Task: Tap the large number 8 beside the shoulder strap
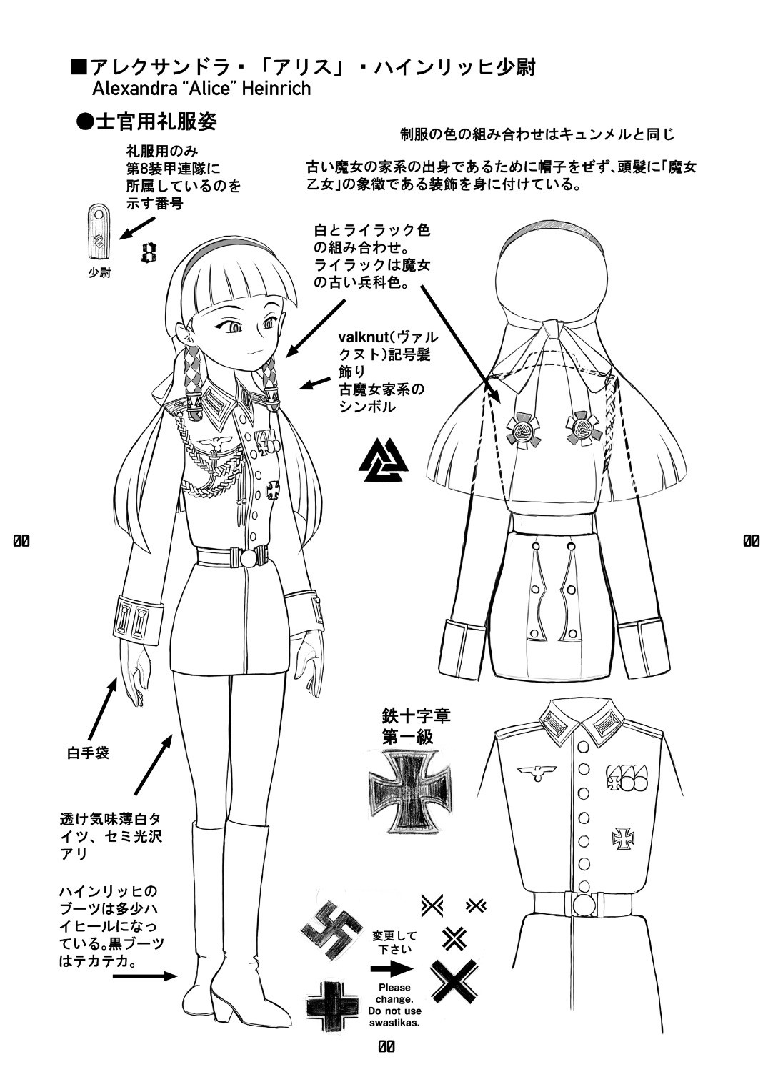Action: (x=149, y=251)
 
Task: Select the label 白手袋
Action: (x=88, y=752)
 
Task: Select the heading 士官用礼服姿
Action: (x=147, y=122)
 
